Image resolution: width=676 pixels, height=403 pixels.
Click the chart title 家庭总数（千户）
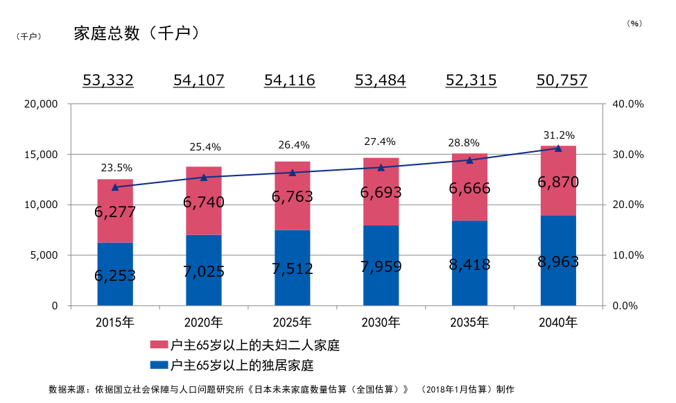(137, 33)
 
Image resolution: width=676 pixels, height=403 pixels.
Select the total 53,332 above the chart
(108, 80)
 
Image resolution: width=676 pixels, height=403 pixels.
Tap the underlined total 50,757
(562, 80)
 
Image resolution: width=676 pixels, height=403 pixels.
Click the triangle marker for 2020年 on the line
(204, 178)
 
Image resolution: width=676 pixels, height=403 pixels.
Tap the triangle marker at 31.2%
(558, 148)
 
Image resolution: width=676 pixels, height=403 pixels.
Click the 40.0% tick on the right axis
(629, 104)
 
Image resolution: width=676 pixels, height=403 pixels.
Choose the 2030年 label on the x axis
(381, 323)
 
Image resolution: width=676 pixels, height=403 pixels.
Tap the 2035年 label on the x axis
(469, 323)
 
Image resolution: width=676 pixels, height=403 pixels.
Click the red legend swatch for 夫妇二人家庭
(159, 345)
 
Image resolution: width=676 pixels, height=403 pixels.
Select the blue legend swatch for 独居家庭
(159, 364)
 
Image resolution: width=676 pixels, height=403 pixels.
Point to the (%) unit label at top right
(634, 23)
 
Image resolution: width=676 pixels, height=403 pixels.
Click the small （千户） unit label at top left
(28, 36)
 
